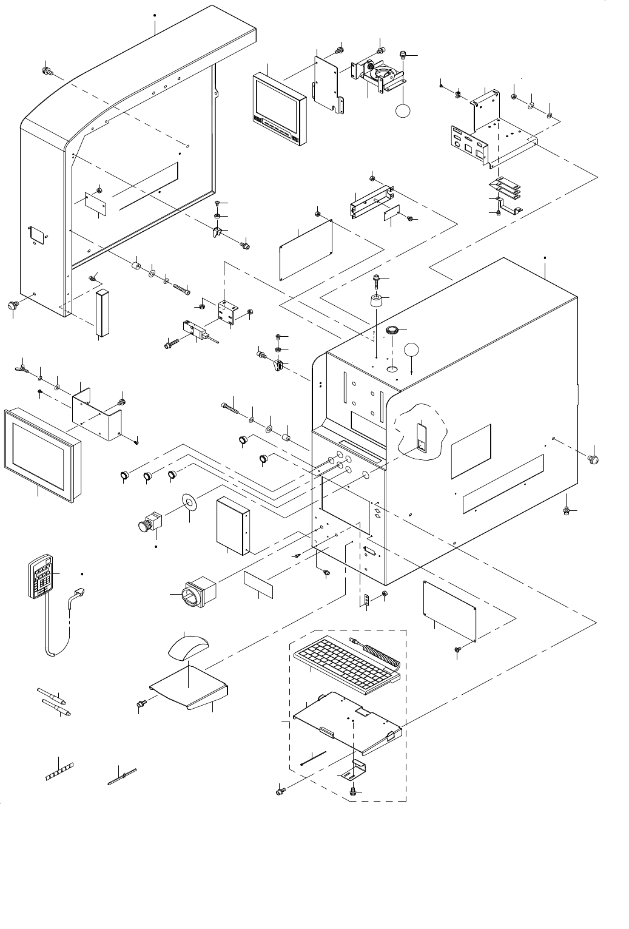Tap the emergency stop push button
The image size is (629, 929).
click(x=150, y=522)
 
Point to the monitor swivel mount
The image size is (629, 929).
click(x=381, y=75)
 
